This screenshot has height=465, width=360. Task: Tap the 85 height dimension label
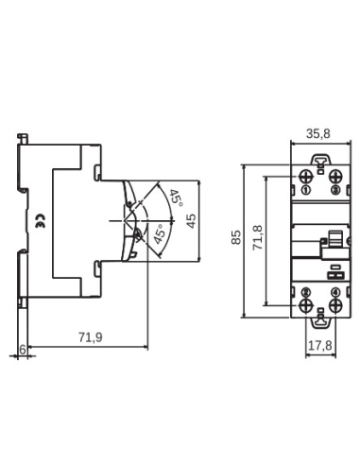236,239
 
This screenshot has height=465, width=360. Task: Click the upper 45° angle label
174,199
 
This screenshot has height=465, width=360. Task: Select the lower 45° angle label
162,232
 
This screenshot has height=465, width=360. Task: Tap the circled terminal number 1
305,190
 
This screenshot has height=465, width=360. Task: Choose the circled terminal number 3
335,190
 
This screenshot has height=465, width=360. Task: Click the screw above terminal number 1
305,177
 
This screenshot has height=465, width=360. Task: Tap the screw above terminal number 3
335,177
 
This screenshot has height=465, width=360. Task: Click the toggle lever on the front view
331,245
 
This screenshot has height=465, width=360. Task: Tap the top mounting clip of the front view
320,162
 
